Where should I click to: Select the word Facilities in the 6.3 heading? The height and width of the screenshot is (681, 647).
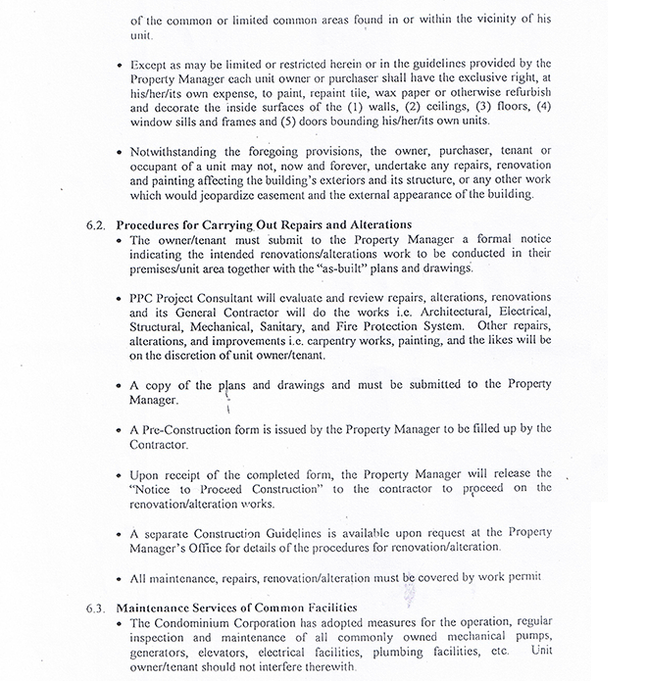[323, 608]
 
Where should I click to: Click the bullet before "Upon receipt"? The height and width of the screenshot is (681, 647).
[120, 473]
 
